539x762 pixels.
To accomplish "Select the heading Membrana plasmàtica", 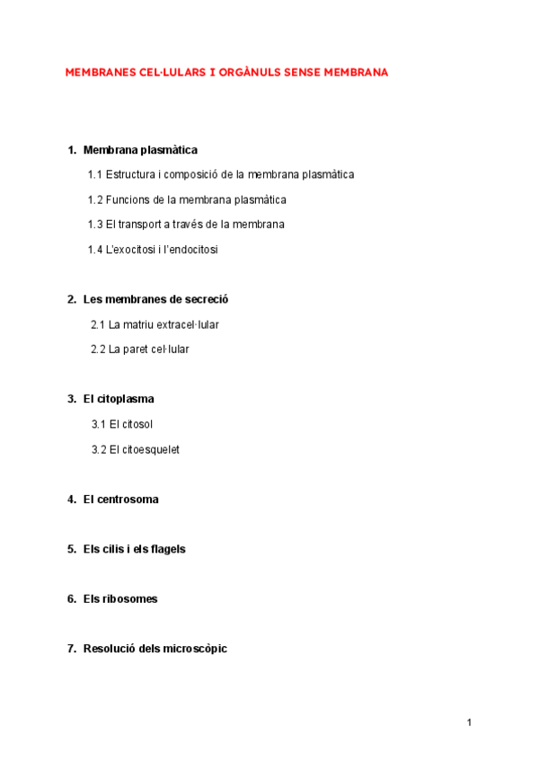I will pyautogui.click(x=140, y=150).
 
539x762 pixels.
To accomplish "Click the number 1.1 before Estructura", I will pyautogui.click(x=95, y=174).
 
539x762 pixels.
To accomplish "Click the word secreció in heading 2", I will pyautogui.click(x=219, y=299).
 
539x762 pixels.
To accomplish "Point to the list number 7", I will pyautogui.click(x=71, y=649).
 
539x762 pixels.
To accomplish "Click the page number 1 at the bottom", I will pyautogui.click(x=469, y=722).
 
